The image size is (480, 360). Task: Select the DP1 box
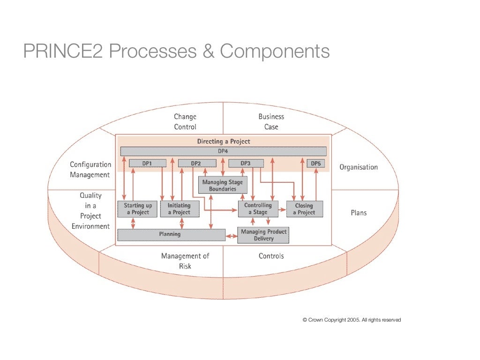(147, 163)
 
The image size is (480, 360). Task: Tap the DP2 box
(196, 163)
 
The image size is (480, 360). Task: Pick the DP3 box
(246, 163)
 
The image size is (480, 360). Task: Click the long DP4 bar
(223, 151)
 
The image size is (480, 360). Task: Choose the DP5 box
(315, 163)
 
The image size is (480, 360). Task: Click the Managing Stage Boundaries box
(223, 185)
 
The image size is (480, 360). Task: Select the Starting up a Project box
(137, 209)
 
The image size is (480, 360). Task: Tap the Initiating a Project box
(179, 209)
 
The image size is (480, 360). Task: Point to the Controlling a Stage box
(258, 209)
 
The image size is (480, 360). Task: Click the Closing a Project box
(304, 209)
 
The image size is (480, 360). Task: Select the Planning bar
(171, 234)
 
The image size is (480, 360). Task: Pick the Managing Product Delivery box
(263, 235)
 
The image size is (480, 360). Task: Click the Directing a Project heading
(223, 141)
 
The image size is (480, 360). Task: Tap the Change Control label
(185, 122)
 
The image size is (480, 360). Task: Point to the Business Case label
(271, 122)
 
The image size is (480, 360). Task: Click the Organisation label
(358, 167)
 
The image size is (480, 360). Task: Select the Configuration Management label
(90, 170)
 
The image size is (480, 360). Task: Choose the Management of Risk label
(185, 261)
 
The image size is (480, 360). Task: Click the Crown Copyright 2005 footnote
(352, 320)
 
